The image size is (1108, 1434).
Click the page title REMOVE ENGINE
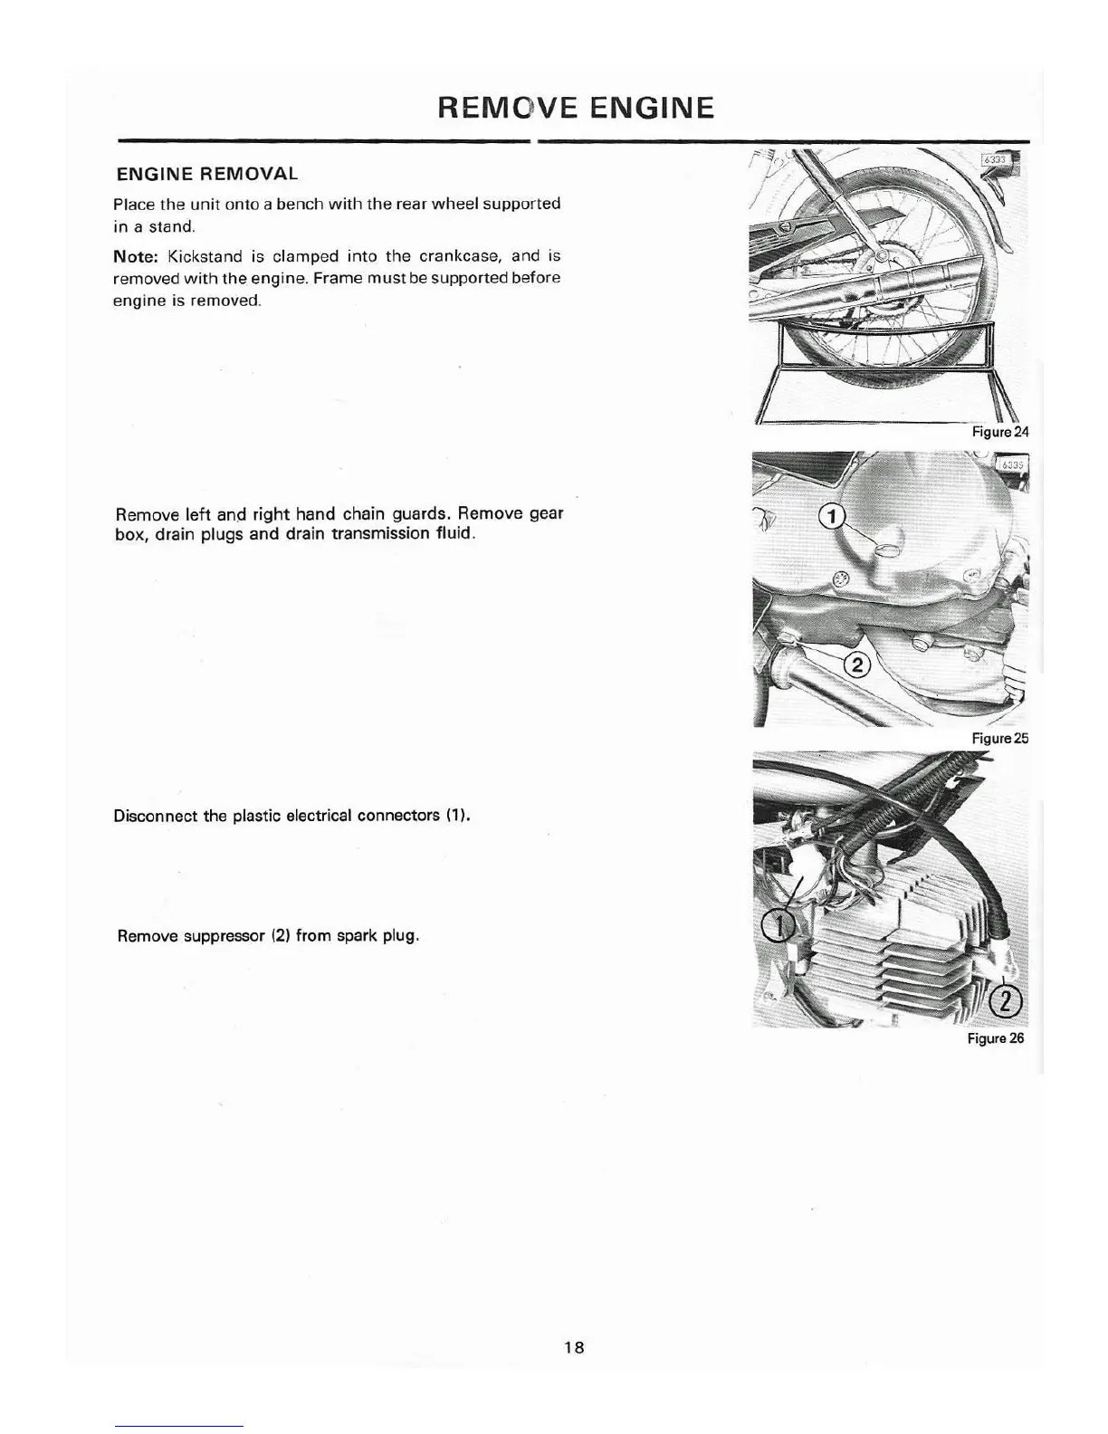(x=575, y=108)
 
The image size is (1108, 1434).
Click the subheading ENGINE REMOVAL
(x=206, y=173)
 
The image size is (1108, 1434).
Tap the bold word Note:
(x=136, y=256)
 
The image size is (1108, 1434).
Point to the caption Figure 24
(x=999, y=432)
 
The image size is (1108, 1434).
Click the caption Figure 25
(x=999, y=738)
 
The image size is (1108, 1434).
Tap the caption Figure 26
(x=995, y=1038)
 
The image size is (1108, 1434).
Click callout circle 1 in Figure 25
(x=831, y=517)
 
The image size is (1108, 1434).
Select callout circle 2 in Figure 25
(x=856, y=665)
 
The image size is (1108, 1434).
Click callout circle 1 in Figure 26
(x=777, y=925)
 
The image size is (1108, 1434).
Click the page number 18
(x=574, y=1347)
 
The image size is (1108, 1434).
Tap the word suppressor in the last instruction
(x=224, y=935)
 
